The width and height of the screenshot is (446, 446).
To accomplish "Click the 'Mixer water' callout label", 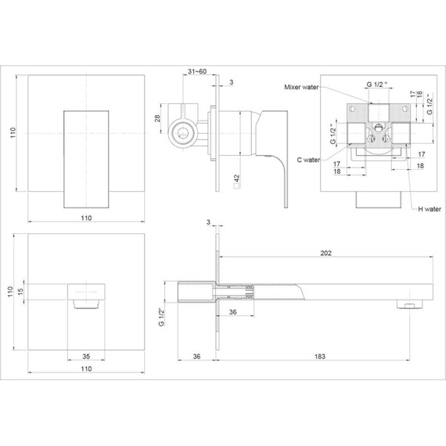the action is pyautogui.click(x=301, y=87).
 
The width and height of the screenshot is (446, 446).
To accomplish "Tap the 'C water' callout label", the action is pyautogui.click(x=308, y=160).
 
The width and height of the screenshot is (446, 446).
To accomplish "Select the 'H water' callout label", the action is pyautogui.click(x=430, y=210).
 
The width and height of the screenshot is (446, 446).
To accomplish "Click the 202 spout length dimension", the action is pyautogui.click(x=326, y=253).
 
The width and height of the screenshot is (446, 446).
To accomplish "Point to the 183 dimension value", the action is pyautogui.click(x=320, y=356).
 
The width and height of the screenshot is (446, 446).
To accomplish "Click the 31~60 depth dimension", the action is pyautogui.click(x=197, y=71).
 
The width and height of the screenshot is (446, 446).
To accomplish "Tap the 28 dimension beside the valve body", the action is pyautogui.click(x=157, y=118).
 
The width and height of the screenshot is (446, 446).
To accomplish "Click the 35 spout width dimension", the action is pyautogui.click(x=86, y=356).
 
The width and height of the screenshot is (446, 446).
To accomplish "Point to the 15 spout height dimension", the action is pyautogui.click(x=20, y=292).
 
